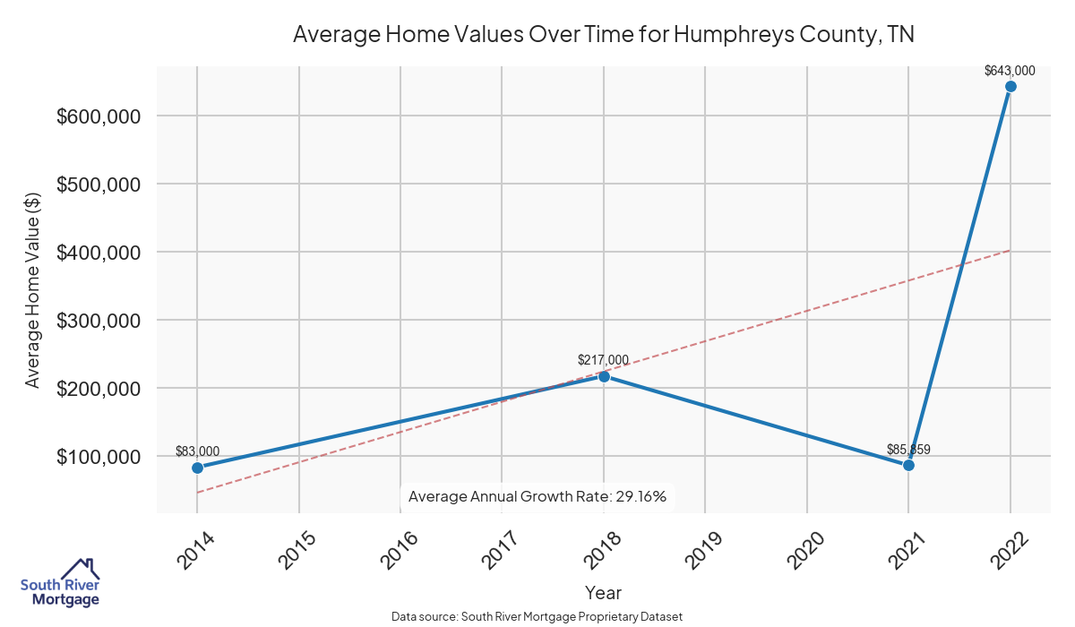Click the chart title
[602, 35]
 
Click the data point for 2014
[197, 468]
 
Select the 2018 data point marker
[604, 376]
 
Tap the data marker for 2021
[908, 465]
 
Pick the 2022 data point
[1010, 87]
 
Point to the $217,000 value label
[603, 360]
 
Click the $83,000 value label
[197, 451]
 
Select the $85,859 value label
[908, 449]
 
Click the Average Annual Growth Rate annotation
[537, 496]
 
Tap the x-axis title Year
[603, 593]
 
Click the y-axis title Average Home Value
[33, 290]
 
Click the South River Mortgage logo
[61, 584]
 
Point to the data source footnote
[537, 616]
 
